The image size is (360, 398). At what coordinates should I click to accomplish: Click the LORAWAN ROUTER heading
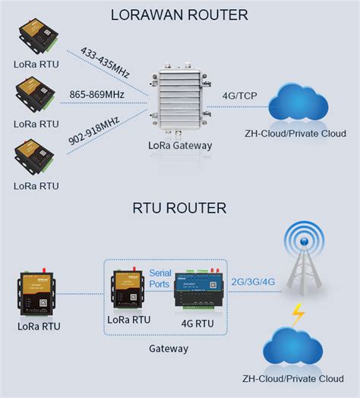click(179, 14)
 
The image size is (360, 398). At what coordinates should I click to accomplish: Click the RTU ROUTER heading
click(179, 207)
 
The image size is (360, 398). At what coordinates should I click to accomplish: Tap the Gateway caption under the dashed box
click(169, 349)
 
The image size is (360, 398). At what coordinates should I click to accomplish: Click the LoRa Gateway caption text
click(181, 145)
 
